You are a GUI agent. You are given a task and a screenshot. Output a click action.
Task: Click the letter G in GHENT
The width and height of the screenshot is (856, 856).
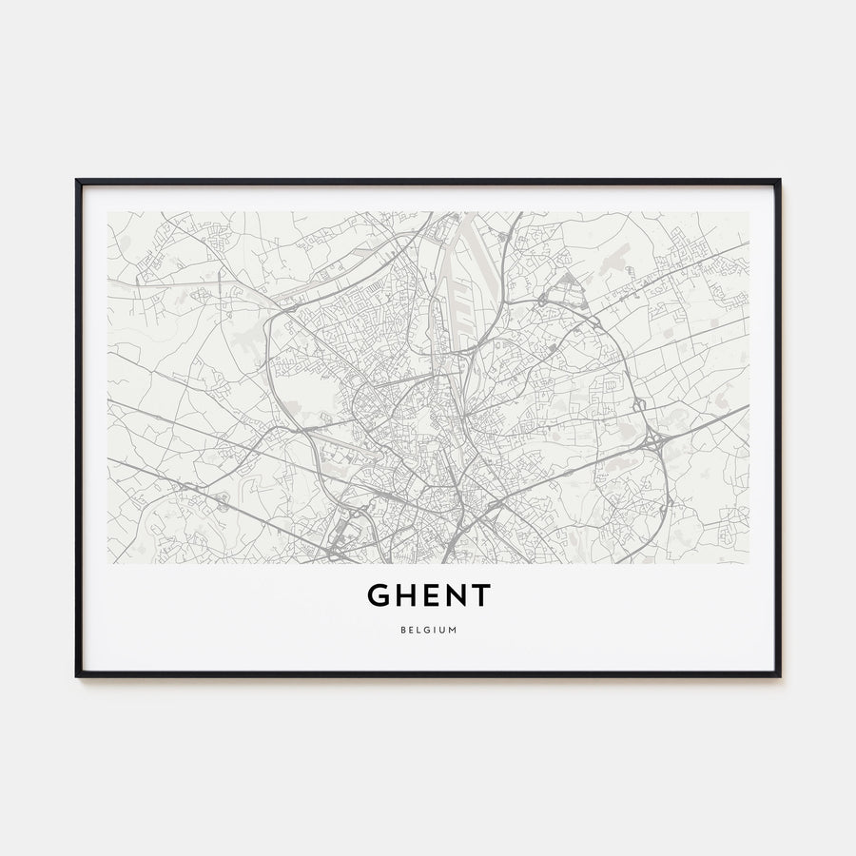pyautogui.click(x=379, y=595)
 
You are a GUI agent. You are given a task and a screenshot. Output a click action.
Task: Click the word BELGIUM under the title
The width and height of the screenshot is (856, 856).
pyautogui.click(x=428, y=629)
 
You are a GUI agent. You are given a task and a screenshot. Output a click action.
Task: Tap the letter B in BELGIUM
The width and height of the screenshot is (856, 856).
pyautogui.click(x=403, y=629)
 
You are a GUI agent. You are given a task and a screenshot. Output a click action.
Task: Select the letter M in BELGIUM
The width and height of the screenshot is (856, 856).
pyautogui.click(x=452, y=629)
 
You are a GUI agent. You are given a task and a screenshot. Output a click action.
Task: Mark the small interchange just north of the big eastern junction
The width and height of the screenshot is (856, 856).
pyautogui.click(x=639, y=407)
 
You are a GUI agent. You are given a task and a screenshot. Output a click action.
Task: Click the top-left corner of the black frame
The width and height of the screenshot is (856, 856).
pyautogui.click(x=77, y=180)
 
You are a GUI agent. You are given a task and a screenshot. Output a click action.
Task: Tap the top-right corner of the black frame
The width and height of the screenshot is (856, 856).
pyautogui.click(x=779, y=180)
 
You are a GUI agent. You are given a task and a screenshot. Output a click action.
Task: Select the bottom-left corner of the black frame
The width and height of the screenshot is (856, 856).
pyautogui.click(x=77, y=675)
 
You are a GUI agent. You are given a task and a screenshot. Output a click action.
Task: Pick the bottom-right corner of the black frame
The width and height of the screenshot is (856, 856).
pyautogui.click(x=779, y=675)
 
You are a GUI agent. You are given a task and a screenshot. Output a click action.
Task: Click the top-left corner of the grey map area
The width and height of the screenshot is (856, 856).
pyautogui.click(x=107, y=212)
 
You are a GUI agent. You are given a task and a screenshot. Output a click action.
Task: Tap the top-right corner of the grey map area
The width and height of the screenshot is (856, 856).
pyautogui.click(x=749, y=212)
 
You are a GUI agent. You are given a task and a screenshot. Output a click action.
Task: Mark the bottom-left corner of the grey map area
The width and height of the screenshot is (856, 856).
pyautogui.click(x=107, y=563)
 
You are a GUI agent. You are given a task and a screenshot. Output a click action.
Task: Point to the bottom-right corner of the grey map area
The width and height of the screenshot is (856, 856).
pyautogui.click(x=749, y=563)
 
